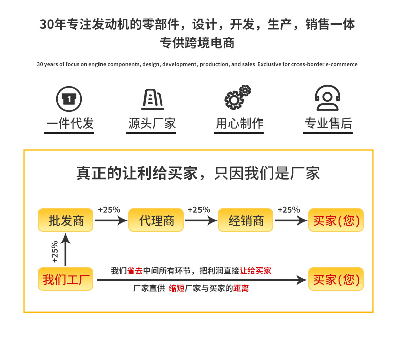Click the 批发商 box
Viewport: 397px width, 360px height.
(x=65, y=220)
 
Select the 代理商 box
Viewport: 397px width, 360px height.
(x=156, y=220)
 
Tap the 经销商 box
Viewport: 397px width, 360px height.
(x=246, y=220)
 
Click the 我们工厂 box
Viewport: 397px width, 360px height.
(x=65, y=279)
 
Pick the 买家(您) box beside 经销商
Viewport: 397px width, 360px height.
(x=336, y=220)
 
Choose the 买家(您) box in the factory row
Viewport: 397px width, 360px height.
(x=336, y=279)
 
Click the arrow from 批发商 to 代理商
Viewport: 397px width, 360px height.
(x=111, y=220)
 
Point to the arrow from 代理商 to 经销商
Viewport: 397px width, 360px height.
(x=201, y=220)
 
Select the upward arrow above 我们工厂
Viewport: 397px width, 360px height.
(x=65, y=250)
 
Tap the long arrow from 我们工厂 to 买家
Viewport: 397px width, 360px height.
(x=202, y=280)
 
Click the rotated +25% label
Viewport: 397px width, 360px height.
(x=55, y=252)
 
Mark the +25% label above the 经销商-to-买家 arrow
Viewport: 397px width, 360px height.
(x=289, y=210)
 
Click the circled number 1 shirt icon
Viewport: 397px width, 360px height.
(x=69, y=99)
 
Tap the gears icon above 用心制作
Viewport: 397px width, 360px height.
(x=238, y=97)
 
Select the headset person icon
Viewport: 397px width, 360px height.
(x=327, y=98)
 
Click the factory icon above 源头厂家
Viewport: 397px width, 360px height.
(x=153, y=99)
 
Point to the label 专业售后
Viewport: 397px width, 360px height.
(x=328, y=123)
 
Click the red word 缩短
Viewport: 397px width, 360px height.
(x=177, y=288)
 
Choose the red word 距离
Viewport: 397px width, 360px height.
(x=241, y=288)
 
